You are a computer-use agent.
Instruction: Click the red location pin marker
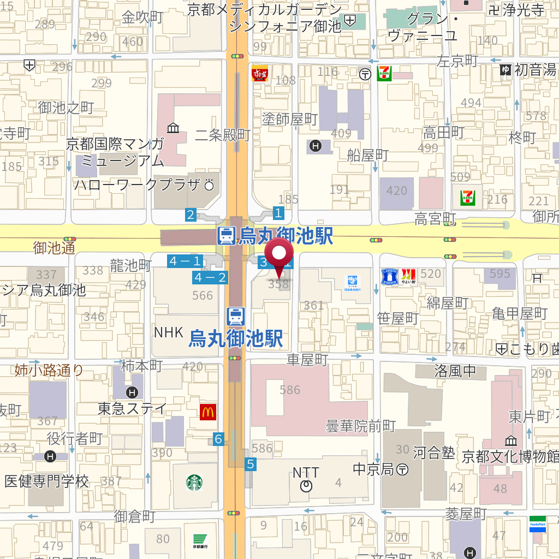279,255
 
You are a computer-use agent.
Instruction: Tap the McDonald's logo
207,412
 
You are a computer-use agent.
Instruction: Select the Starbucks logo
195,483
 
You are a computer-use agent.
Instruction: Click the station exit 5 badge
251,464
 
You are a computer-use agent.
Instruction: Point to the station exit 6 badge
218,439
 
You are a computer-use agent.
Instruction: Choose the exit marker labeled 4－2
210,278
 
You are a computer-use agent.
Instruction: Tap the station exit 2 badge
191,215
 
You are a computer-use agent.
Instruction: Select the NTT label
306,473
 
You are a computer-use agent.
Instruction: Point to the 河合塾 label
433,453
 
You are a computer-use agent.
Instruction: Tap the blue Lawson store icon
389,277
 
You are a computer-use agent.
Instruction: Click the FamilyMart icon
537,525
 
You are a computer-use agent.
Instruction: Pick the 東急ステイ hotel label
132,408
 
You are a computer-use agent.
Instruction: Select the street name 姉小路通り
49,371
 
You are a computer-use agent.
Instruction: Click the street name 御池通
54,248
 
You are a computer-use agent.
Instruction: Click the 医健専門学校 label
46,481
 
